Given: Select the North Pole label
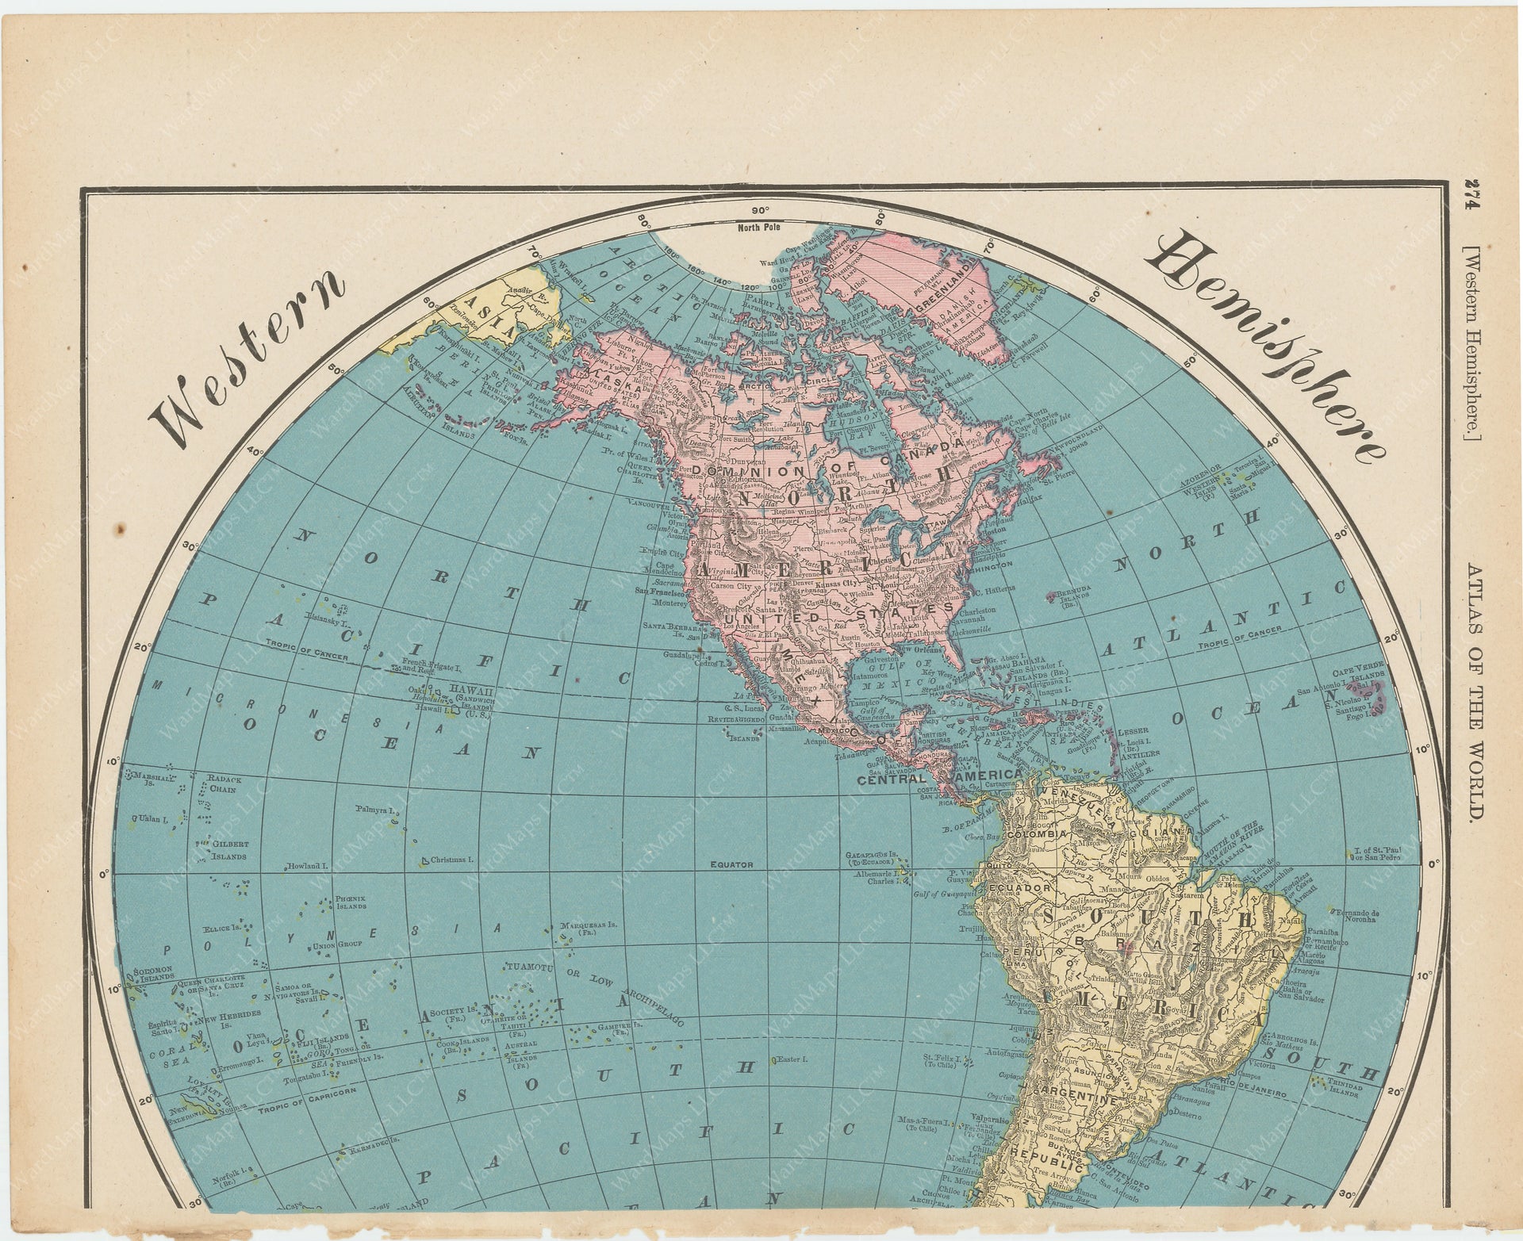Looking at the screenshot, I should coord(758,228).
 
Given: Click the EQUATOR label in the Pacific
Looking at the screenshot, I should coord(731,864).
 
